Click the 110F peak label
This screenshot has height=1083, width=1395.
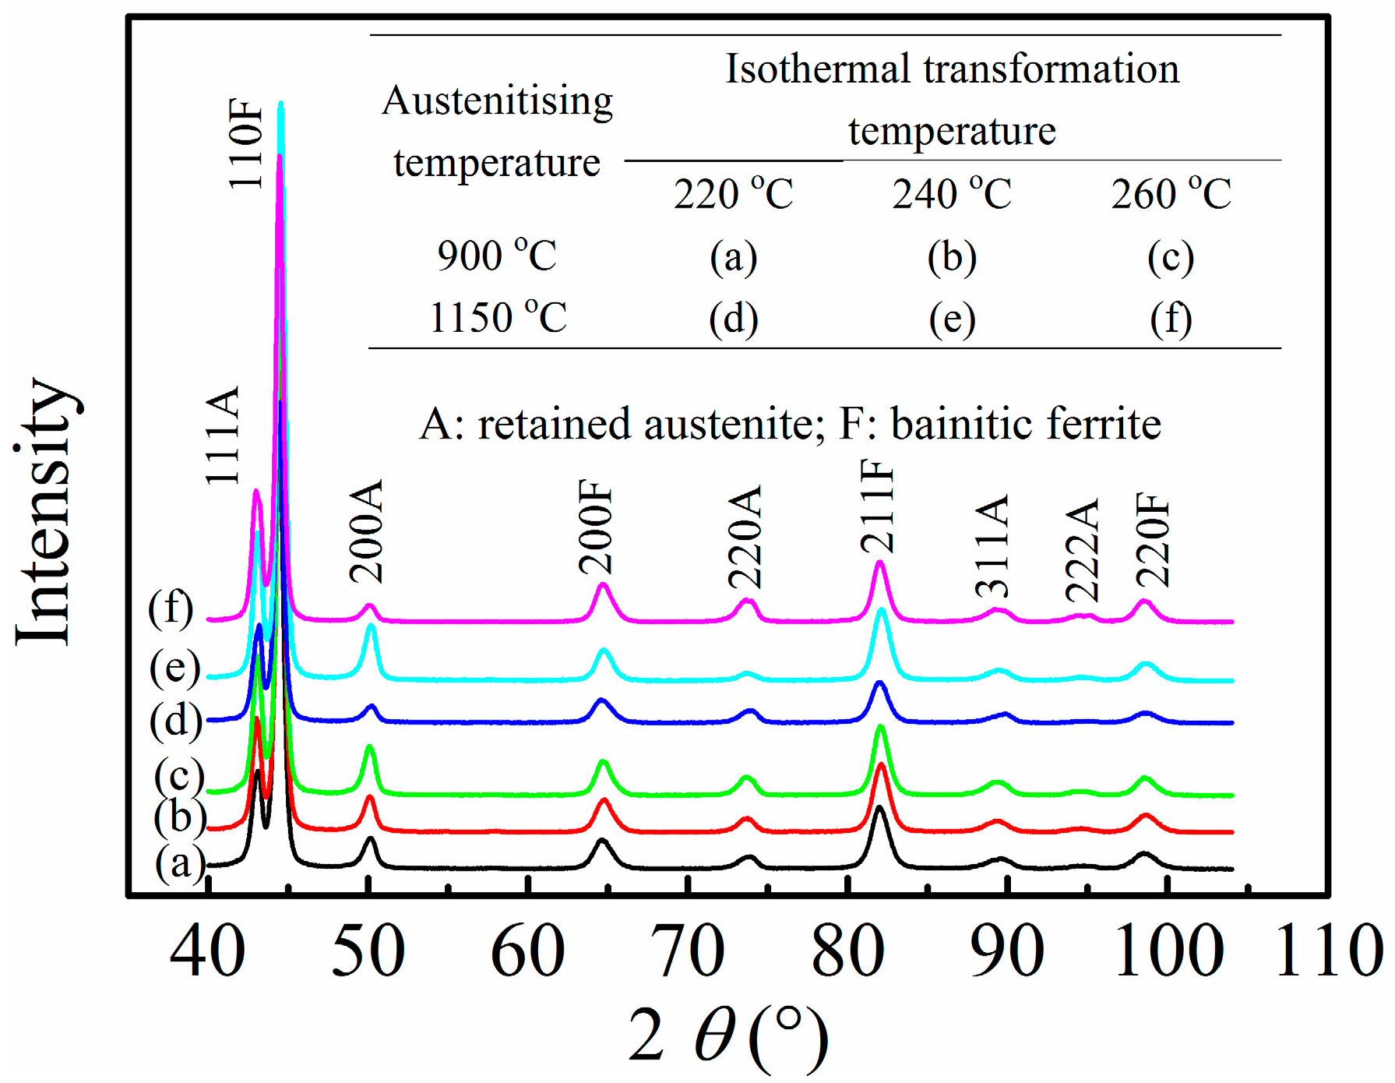pos(246,143)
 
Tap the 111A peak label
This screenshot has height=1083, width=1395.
pos(224,436)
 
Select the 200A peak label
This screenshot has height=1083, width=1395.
pos(367,531)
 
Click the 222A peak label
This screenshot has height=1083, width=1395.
pos(1083,551)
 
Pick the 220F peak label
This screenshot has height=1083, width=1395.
pos(1154,539)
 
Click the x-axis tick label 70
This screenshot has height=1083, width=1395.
pos(689,951)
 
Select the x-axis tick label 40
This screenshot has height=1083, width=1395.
pos(207,951)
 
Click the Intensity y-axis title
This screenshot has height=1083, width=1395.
pos(45,510)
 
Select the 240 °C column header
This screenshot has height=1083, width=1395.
pos(952,193)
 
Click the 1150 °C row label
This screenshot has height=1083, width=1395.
pos(498,317)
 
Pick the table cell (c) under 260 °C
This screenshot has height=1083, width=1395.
pos(1171,257)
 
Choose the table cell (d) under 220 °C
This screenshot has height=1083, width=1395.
pos(733,318)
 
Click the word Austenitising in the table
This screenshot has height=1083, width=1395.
pos(498,101)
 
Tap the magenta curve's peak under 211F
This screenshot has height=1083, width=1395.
pos(880,562)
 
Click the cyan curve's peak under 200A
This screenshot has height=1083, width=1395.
pos(371,626)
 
